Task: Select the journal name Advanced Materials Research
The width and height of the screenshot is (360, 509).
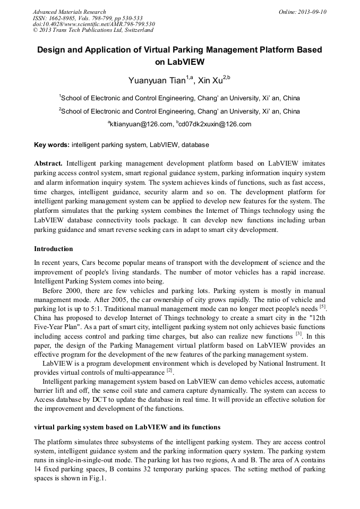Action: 70,12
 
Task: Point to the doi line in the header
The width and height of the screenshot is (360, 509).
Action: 94,24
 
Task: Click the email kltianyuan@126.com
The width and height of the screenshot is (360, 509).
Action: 141,124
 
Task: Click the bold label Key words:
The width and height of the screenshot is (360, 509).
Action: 52,144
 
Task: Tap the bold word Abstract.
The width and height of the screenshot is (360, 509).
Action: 48,163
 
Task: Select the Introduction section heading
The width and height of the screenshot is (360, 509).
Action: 54,248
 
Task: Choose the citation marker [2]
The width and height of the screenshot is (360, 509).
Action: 169,370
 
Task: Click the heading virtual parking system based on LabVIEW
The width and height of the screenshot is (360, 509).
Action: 127,427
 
